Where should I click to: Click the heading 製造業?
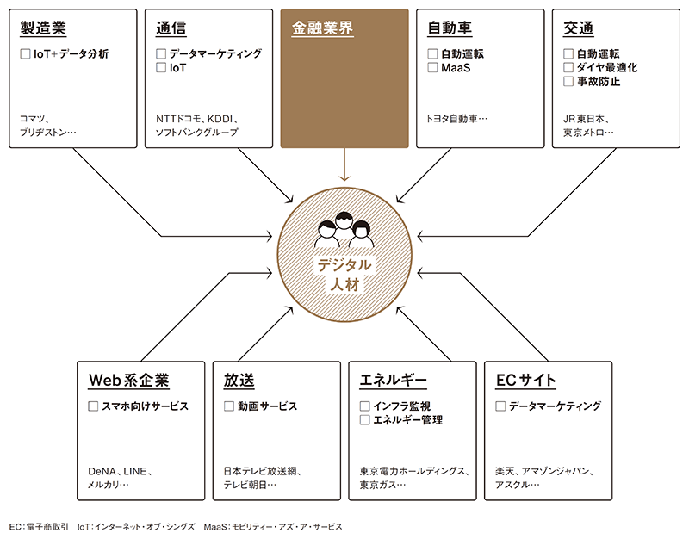point(44,28)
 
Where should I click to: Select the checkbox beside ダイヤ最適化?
point(568,67)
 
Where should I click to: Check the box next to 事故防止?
point(568,82)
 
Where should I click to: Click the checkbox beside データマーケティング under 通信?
point(161,53)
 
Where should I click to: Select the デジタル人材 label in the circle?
point(344,274)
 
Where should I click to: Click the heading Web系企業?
point(129,380)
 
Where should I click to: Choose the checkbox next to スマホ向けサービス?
point(94,406)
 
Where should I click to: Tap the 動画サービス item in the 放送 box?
point(267,406)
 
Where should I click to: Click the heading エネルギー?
point(394,380)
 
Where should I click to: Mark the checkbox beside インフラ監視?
point(364,406)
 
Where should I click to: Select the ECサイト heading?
point(525,380)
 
